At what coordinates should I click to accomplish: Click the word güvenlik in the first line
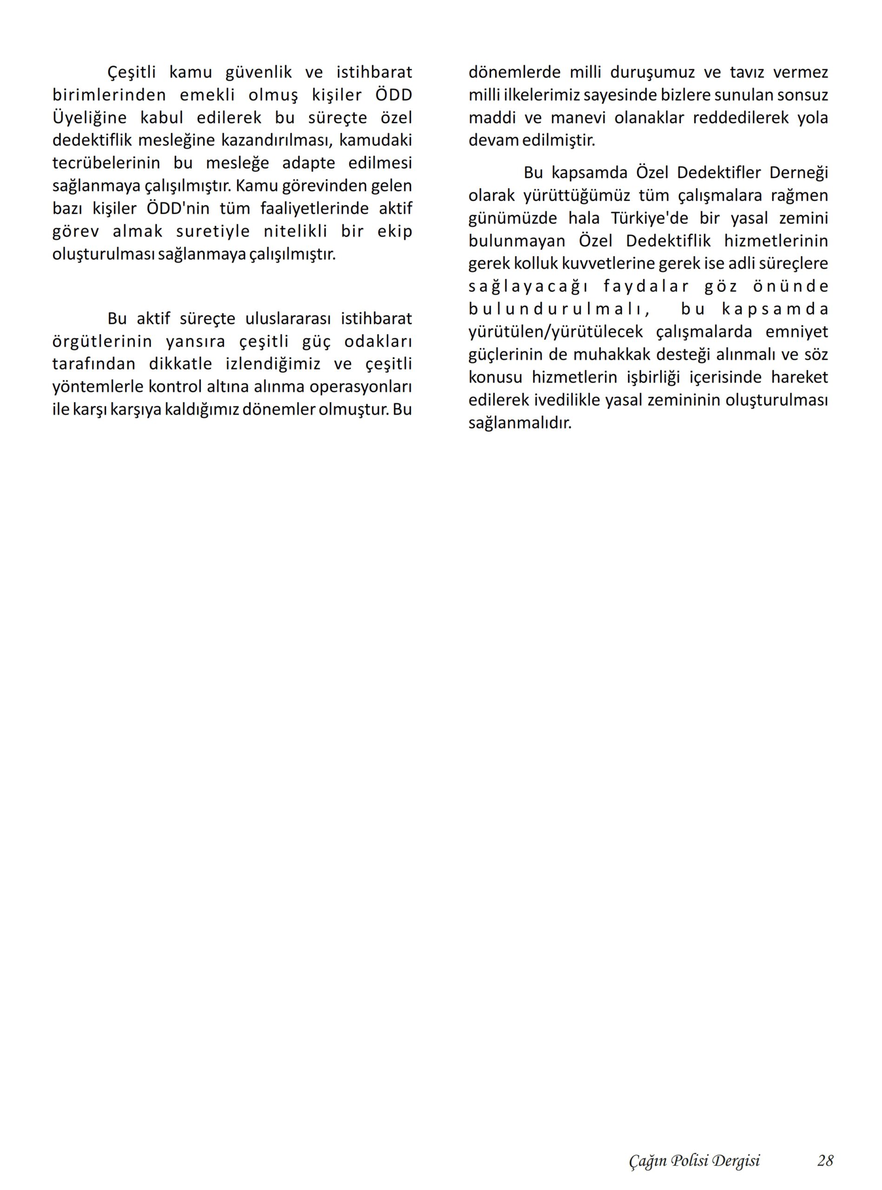tap(259, 72)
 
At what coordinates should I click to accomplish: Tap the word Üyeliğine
tap(90, 118)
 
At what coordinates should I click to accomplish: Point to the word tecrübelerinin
tap(106, 163)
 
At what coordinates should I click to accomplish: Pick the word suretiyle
tap(213, 231)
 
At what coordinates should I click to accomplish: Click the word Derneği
tap(799, 173)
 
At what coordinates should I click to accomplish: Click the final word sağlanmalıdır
tap(520, 423)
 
